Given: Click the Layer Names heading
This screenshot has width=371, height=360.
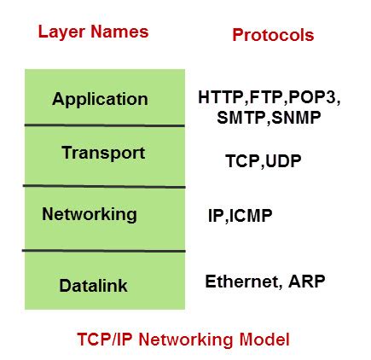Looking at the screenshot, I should click(93, 32).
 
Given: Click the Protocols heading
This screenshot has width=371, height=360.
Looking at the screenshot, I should click(272, 35).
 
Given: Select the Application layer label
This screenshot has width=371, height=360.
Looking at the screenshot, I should click(100, 98).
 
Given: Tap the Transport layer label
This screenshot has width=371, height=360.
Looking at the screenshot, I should click(102, 154).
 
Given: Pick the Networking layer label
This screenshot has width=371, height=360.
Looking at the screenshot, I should click(89, 213).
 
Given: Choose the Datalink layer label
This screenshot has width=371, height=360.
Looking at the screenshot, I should click(93, 286).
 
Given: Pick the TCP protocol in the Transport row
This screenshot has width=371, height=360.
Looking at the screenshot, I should click(241, 160).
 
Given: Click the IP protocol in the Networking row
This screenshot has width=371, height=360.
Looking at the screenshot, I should click(215, 217).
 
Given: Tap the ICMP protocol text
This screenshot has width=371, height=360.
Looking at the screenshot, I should click(251, 217).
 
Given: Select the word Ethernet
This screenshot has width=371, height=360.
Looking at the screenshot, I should click(240, 282).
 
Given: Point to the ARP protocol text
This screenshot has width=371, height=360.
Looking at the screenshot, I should click(306, 282).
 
